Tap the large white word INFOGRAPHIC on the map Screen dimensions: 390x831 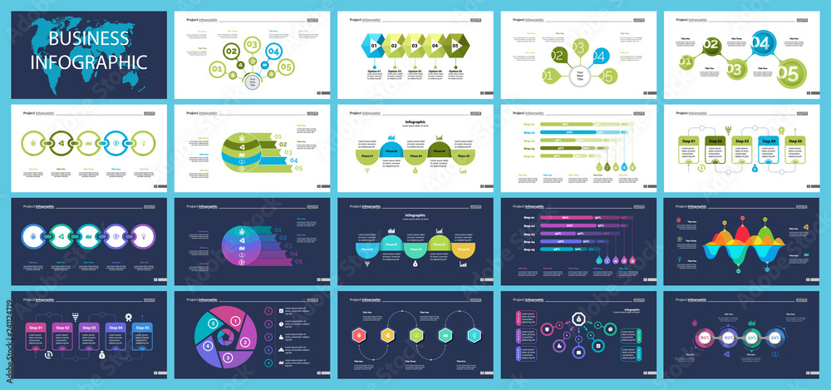tap(89, 62)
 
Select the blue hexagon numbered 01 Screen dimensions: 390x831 tap(374, 47)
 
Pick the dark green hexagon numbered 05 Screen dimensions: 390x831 tap(455, 47)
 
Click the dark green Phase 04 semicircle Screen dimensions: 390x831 tap(440, 150)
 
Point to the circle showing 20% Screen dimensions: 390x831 tap(774, 338)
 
